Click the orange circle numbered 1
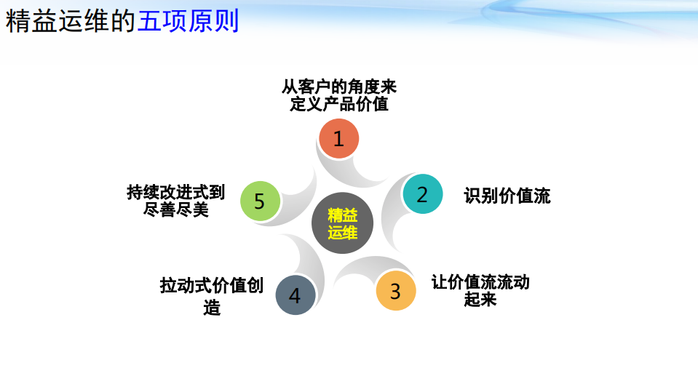(x=339, y=138)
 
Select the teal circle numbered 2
(x=422, y=194)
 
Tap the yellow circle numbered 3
(x=395, y=291)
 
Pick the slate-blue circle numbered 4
(x=295, y=295)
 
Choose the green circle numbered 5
(x=260, y=201)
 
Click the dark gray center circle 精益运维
(x=342, y=223)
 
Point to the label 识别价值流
(x=507, y=196)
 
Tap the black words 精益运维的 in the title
(x=71, y=22)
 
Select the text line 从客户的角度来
(x=339, y=87)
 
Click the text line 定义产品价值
(x=339, y=104)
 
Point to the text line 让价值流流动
(x=480, y=281)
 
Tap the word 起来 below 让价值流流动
(x=480, y=299)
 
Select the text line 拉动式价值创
(x=212, y=285)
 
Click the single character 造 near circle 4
(x=212, y=308)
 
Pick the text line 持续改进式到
(x=175, y=192)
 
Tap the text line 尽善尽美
(x=175, y=210)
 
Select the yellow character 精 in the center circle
(x=335, y=215)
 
